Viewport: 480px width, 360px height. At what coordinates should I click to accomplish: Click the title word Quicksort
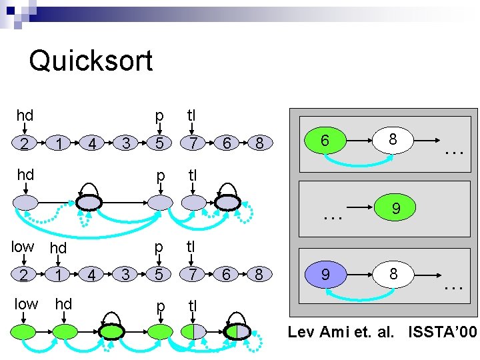[91, 61]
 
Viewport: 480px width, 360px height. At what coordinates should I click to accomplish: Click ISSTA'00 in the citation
[443, 331]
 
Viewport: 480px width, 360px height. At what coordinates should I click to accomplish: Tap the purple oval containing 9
[325, 273]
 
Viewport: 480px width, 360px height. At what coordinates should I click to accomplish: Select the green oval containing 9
[396, 209]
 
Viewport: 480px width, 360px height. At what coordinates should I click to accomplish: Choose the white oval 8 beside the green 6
[393, 141]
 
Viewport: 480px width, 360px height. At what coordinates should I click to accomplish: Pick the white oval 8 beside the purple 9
[393, 273]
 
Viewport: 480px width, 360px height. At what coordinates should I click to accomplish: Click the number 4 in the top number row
[93, 143]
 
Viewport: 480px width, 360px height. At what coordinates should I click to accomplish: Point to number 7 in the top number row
[193, 143]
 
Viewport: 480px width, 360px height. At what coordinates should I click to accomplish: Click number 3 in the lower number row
[125, 275]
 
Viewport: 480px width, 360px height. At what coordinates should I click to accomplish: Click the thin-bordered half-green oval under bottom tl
[193, 331]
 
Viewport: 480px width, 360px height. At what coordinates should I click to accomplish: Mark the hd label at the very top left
[25, 115]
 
